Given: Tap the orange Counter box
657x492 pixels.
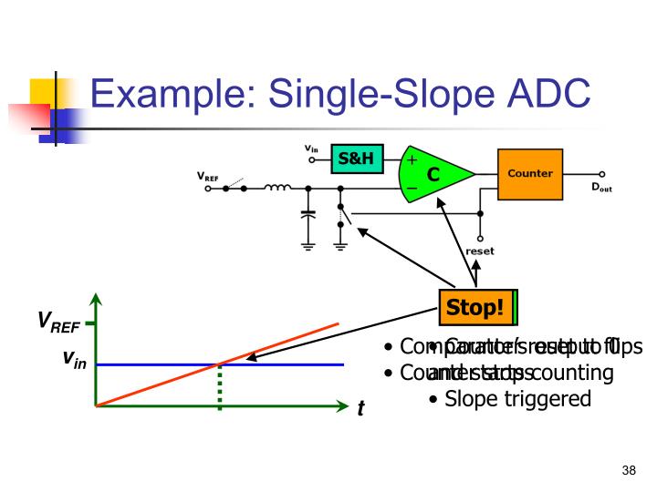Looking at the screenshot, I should (529, 174).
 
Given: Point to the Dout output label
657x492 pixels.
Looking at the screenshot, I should (602, 188).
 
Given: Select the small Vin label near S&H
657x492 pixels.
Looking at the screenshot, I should (311, 148).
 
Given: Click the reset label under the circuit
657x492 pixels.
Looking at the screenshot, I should (480, 251).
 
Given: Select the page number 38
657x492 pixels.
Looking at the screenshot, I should (628, 470).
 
